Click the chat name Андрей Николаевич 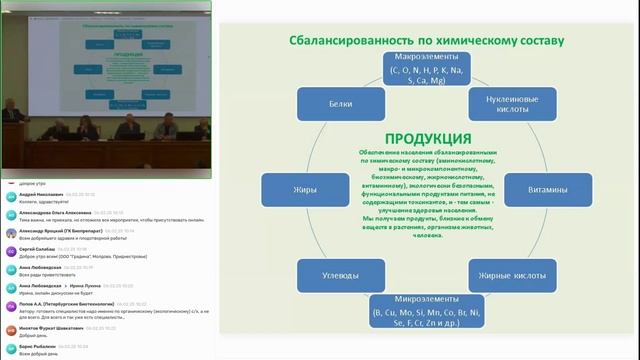click(x=40, y=194)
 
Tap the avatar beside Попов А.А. click(x=10, y=305)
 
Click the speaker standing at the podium click(x=10, y=110)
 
